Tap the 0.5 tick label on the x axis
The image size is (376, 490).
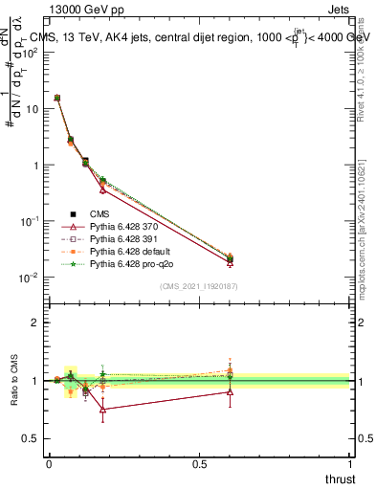click(x=199, y=464)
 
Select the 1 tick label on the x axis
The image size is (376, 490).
click(x=349, y=464)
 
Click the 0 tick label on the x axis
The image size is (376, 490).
click(x=49, y=464)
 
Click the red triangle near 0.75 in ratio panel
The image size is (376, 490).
click(x=102, y=409)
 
